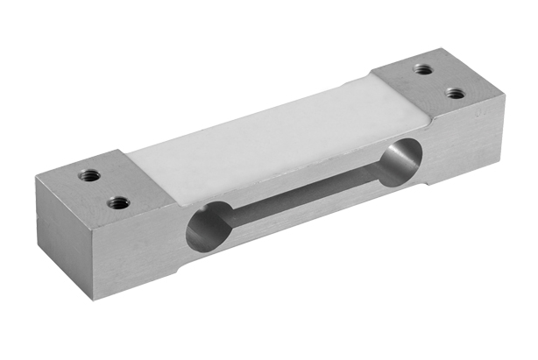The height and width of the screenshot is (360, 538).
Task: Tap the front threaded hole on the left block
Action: [x=117, y=203]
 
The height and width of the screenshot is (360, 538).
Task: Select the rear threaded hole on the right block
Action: [x=423, y=68]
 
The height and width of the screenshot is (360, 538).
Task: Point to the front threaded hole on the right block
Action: [x=453, y=92]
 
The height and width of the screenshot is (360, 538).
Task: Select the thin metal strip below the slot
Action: [x=302, y=223]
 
